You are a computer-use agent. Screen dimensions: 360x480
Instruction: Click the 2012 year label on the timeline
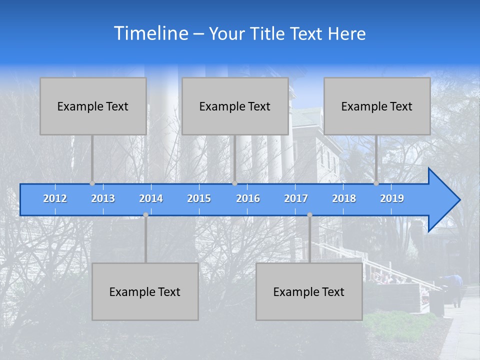pyautogui.click(x=55, y=198)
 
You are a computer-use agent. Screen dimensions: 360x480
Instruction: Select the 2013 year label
pyautogui.click(x=103, y=198)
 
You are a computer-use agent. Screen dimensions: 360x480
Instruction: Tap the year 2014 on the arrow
pyautogui.click(x=151, y=198)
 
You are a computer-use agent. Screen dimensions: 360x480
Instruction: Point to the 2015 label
pyautogui.click(x=199, y=198)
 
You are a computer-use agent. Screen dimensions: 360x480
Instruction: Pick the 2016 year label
pyautogui.click(x=248, y=198)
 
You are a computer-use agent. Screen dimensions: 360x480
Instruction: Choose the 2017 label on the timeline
pyautogui.click(x=296, y=198)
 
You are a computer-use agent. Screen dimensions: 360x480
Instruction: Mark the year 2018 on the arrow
pyautogui.click(x=344, y=198)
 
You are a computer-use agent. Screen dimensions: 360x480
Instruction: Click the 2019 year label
pyautogui.click(x=392, y=198)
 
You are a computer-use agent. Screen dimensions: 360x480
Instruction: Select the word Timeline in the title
pyautogui.click(x=151, y=33)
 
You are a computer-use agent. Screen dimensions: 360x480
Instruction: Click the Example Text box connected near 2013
pyautogui.click(x=93, y=106)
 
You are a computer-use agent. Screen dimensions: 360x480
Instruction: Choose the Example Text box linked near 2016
pyautogui.click(x=235, y=106)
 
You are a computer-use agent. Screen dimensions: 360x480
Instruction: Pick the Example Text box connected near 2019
pyautogui.click(x=377, y=106)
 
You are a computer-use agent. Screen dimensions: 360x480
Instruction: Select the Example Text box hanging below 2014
pyautogui.click(x=145, y=292)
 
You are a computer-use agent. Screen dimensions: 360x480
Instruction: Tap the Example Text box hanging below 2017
pyautogui.click(x=309, y=292)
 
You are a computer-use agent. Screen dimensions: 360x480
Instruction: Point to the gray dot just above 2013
pyautogui.click(x=92, y=183)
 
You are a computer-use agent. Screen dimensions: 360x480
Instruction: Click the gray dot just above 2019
pyautogui.click(x=376, y=183)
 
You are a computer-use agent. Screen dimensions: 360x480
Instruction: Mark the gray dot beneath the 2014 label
pyautogui.click(x=145, y=215)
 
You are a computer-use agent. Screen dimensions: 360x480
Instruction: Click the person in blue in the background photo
pyautogui.click(x=456, y=287)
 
